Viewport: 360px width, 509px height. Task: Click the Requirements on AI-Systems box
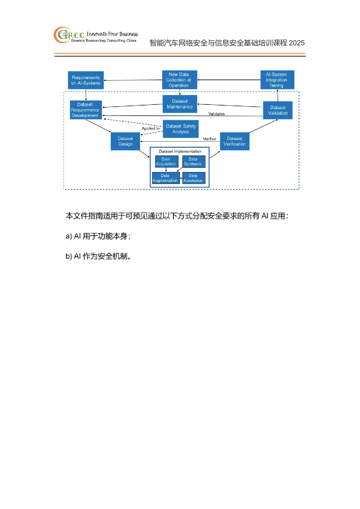[x=86, y=80]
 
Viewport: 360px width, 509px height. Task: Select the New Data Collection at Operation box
[x=180, y=80]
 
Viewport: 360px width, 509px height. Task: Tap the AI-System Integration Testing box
[x=277, y=80]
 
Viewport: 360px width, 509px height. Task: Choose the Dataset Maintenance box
[x=180, y=104]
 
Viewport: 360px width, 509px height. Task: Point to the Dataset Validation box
[x=278, y=110]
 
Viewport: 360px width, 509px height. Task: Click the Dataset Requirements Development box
[x=86, y=110]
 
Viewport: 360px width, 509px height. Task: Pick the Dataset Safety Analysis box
[x=181, y=129]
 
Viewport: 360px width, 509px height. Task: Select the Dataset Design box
[x=125, y=141]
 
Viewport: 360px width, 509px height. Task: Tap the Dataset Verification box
[x=234, y=141]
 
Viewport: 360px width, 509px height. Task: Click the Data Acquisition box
[x=167, y=161]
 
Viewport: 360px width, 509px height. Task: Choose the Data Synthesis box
[x=194, y=161]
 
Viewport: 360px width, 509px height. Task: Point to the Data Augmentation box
[x=166, y=178]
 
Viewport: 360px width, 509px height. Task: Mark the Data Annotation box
[x=194, y=178]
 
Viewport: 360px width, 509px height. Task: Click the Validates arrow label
[x=216, y=114]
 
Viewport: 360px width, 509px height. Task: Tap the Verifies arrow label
[x=209, y=139]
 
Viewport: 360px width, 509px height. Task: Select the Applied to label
[x=151, y=128]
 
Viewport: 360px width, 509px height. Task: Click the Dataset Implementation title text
[x=180, y=151]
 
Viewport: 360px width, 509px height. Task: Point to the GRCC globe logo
[x=62, y=35]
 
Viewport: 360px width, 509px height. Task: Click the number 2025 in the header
[x=296, y=43]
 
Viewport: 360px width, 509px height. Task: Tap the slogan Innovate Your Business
[x=112, y=34]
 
